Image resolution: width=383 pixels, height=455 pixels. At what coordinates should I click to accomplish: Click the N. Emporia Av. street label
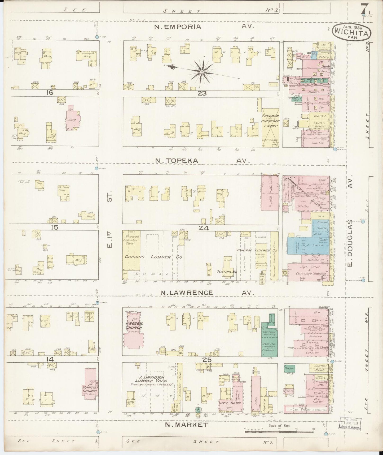tap(204, 27)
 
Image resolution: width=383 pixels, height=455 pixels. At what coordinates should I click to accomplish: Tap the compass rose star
tap(202, 71)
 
